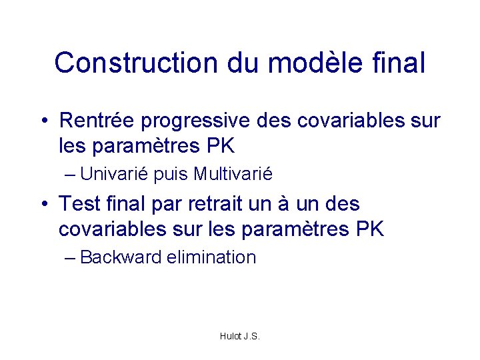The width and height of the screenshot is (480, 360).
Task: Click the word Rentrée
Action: click(x=96, y=121)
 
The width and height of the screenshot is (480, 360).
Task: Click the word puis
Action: click(x=171, y=175)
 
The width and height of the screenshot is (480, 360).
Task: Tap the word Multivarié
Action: click(x=233, y=175)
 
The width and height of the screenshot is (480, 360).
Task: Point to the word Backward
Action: click(x=120, y=257)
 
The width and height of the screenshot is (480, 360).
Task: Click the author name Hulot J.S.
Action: click(x=239, y=336)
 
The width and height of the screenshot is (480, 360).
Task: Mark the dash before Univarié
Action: click(x=70, y=175)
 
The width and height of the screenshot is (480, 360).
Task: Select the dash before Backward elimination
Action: click(x=70, y=258)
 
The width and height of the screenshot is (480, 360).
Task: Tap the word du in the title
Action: click(x=243, y=63)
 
